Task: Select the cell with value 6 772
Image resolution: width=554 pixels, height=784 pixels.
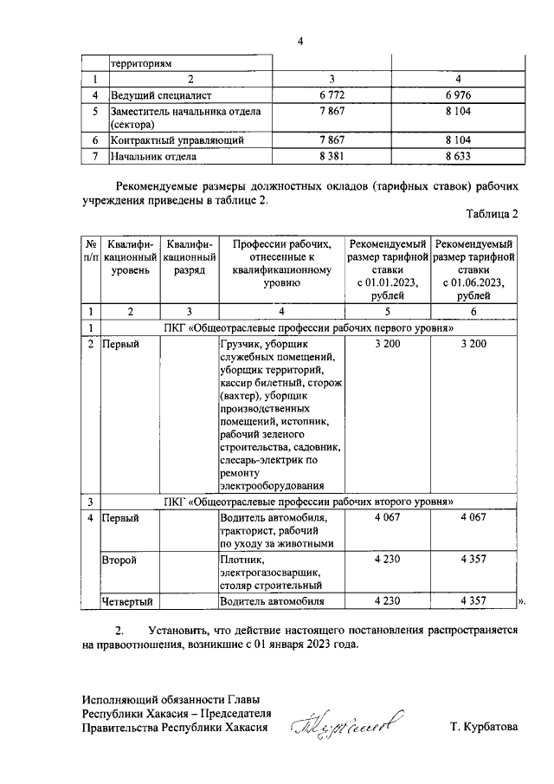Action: coord(332,94)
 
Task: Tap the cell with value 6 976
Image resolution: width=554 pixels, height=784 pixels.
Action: coord(459,94)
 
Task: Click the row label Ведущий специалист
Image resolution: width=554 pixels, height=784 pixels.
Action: coord(160,94)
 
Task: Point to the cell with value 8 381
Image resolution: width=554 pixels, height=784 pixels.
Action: coord(332,157)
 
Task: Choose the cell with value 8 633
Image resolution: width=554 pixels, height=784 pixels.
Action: coord(459,157)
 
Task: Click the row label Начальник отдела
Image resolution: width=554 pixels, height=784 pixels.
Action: coord(152,157)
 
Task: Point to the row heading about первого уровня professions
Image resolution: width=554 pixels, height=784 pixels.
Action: coord(309,327)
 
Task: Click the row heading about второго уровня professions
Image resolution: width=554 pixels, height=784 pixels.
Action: coord(309,502)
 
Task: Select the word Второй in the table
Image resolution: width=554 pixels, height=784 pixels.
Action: coord(119,560)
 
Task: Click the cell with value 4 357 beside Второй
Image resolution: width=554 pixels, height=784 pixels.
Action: coord(473,560)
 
